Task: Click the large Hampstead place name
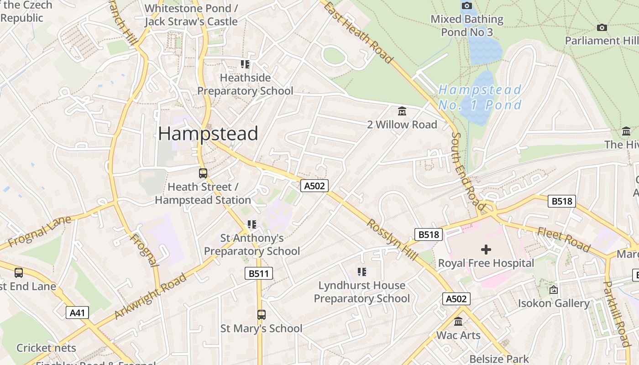click(x=208, y=133)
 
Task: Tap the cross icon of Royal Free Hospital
click(x=486, y=249)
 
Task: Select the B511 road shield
click(x=259, y=273)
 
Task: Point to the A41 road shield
click(x=77, y=313)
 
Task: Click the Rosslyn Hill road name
click(x=392, y=240)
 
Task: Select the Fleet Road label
click(x=564, y=240)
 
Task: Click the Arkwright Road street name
click(x=150, y=296)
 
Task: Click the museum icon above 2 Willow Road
click(x=402, y=111)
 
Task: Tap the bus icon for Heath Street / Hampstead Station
click(x=203, y=173)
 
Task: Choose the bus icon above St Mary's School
click(x=261, y=315)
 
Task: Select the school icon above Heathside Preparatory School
click(x=245, y=64)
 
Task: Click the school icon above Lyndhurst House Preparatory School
click(x=362, y=272)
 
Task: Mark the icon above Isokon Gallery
click(x=554, y=290)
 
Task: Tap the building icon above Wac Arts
click(x=458, y=322)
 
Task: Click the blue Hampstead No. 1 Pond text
click(x=480, y=97)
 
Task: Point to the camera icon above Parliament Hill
click(x=602, y=27)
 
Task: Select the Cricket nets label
click(x=46, y=348)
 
